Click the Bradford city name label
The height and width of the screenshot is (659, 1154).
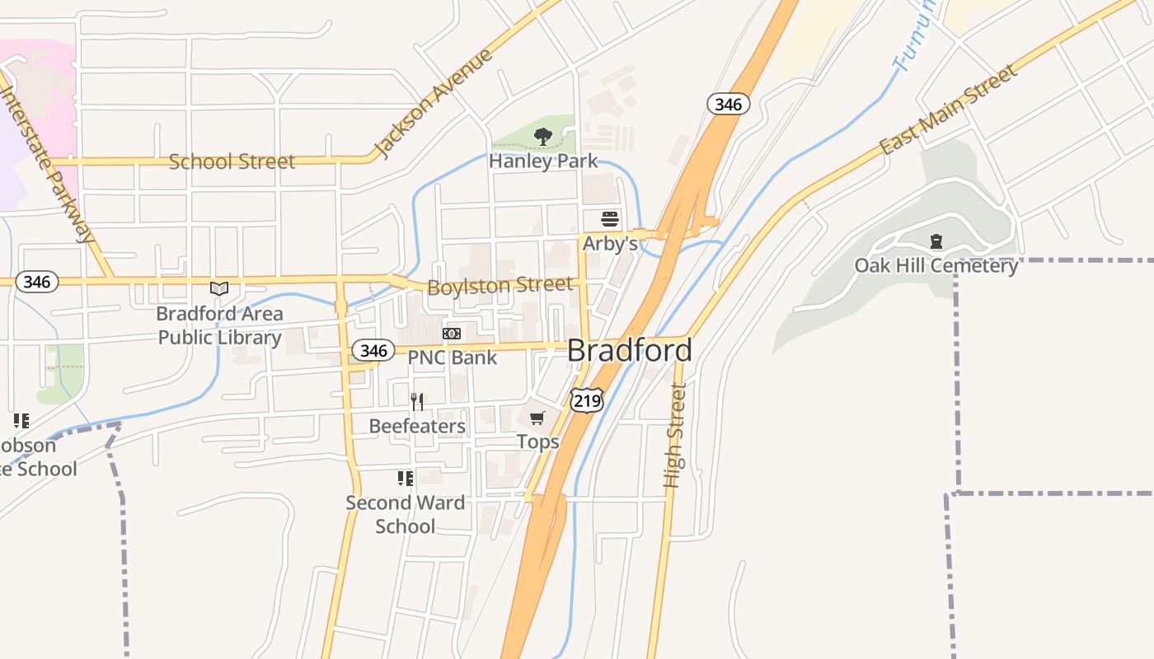point(629,350)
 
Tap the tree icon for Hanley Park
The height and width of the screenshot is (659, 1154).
point(542,137)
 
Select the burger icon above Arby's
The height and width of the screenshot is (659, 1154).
point(610,219)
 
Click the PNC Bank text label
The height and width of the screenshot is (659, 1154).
point(453,358)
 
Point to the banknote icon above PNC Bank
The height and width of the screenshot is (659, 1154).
point(452,334)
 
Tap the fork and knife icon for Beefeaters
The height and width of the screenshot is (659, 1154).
point(417,402)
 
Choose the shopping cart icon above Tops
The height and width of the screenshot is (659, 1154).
point(537,418)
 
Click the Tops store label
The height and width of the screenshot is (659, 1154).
point(538,442)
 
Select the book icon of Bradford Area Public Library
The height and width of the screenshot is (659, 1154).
point(219,288)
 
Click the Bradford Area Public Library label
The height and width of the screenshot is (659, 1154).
point(219,326)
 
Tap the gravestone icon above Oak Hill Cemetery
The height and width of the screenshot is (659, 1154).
point(936,242)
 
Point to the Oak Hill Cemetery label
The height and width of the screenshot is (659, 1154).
point(936,266)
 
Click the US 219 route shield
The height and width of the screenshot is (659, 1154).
point(586,401)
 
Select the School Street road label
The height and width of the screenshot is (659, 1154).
point(232,161)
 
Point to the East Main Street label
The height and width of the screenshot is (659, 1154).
point(948,110)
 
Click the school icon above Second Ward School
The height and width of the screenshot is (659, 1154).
point(405,479)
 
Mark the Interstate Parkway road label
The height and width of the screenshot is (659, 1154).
point(48,165)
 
